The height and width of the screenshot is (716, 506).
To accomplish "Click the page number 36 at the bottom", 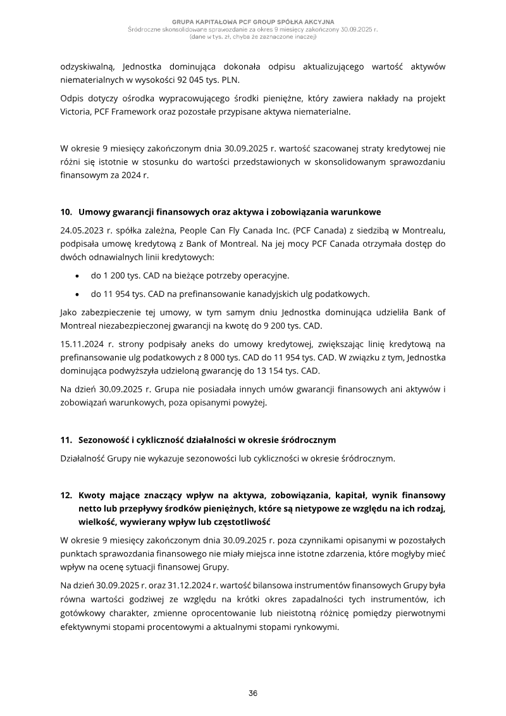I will pyautogui.click(x=253, y=693).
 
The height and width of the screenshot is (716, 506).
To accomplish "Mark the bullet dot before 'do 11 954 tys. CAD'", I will pyautogui.click(x=77, y=294).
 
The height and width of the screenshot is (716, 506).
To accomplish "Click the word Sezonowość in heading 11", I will pyautogui.click(x=106, y=439).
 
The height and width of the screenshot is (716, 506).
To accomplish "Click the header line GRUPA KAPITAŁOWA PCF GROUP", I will pyautogui.click(x=253, y=22).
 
